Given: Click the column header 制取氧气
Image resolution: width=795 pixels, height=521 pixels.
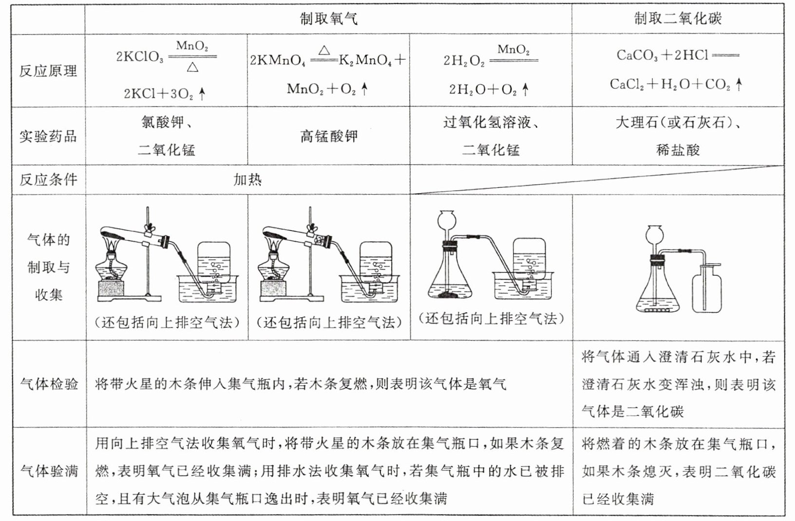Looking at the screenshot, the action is point(328,18).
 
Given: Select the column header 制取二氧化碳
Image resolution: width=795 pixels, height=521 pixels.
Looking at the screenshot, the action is point(677,18).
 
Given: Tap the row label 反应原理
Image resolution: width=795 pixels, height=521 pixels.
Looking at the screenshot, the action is point(48,71).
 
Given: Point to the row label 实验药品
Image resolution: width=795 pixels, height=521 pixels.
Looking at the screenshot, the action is point(48,136).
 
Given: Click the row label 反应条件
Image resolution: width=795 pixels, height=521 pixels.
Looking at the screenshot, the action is point(48,180).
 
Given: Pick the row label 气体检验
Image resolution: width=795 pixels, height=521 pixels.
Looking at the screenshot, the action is point(49,384).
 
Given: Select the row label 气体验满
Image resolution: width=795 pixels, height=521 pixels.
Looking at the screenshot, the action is point(49,470).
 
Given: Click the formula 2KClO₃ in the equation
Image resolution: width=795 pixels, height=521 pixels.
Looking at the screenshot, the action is point(140,57).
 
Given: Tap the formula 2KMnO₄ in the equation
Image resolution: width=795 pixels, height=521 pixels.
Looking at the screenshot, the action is point(278,60).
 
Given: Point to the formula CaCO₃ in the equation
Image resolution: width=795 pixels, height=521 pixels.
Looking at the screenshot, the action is point(637,55).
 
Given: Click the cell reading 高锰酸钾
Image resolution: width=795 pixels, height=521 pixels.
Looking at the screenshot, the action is point(329,136).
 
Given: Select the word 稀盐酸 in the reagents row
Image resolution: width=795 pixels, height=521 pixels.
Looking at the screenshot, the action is point(678,149).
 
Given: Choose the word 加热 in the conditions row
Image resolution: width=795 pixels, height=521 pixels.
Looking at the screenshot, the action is point(247,180).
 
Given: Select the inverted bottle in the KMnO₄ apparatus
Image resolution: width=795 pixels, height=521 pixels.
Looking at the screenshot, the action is point(375,265).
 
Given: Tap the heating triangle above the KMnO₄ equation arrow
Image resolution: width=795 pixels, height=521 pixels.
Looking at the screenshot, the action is point(324,50).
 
